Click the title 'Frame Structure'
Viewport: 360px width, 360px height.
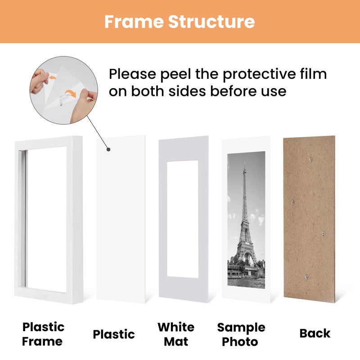(180, 21)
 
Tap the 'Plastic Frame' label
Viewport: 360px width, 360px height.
(44, 333)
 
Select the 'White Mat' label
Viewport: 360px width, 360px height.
(176, 333)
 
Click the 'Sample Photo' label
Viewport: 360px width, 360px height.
(241, 334)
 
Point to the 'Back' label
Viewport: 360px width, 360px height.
(315, 333)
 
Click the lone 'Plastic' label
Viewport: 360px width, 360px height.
(114, 334)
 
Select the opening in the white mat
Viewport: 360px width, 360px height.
(183, 218)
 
